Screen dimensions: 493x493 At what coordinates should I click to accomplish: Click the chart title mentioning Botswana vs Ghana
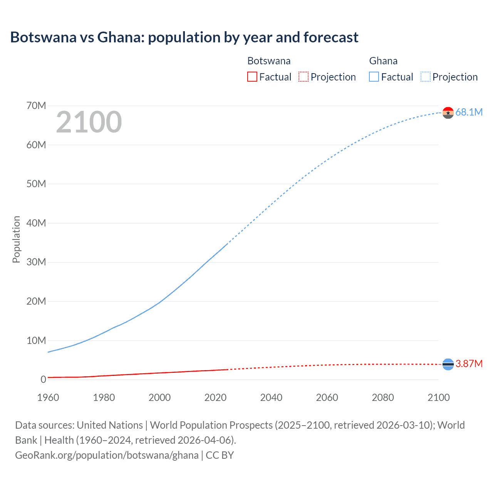coord(184,37)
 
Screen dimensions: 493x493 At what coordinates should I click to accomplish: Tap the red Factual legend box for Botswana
coord(252,77)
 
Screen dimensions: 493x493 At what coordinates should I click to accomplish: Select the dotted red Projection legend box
coord(304,77)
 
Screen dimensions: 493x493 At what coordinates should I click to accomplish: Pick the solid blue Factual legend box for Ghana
coord(374,77)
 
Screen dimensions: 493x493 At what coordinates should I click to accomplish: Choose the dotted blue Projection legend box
coord(425,77)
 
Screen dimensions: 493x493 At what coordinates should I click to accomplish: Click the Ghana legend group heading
coord(383,61)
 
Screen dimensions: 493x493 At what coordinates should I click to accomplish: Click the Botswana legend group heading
coord(269,61)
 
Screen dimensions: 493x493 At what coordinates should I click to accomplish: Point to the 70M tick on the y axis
coord(36,106)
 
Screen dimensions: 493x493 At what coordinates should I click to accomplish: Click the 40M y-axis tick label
coord(36,223)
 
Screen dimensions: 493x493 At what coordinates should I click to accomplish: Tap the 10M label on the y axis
coord(36,340)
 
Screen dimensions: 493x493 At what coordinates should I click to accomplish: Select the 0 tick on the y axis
coord(43,379)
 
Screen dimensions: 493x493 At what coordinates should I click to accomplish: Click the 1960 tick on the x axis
coord(48,397)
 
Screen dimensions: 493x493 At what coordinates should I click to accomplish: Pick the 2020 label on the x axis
coord(215,397)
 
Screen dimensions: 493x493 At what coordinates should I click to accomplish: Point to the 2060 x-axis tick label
coord(327,397)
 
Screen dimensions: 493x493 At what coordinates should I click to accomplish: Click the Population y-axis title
coord(16,239)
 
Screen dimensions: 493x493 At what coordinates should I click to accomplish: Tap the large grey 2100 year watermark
coord(89,122)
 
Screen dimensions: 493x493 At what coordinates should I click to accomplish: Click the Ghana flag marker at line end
coord(448,113)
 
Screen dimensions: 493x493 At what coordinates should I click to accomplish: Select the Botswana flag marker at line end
coord(448,364)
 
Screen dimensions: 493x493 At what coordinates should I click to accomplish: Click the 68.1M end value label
coord(469,112)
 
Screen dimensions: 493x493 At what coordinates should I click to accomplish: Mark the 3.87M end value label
coord(469,364)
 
